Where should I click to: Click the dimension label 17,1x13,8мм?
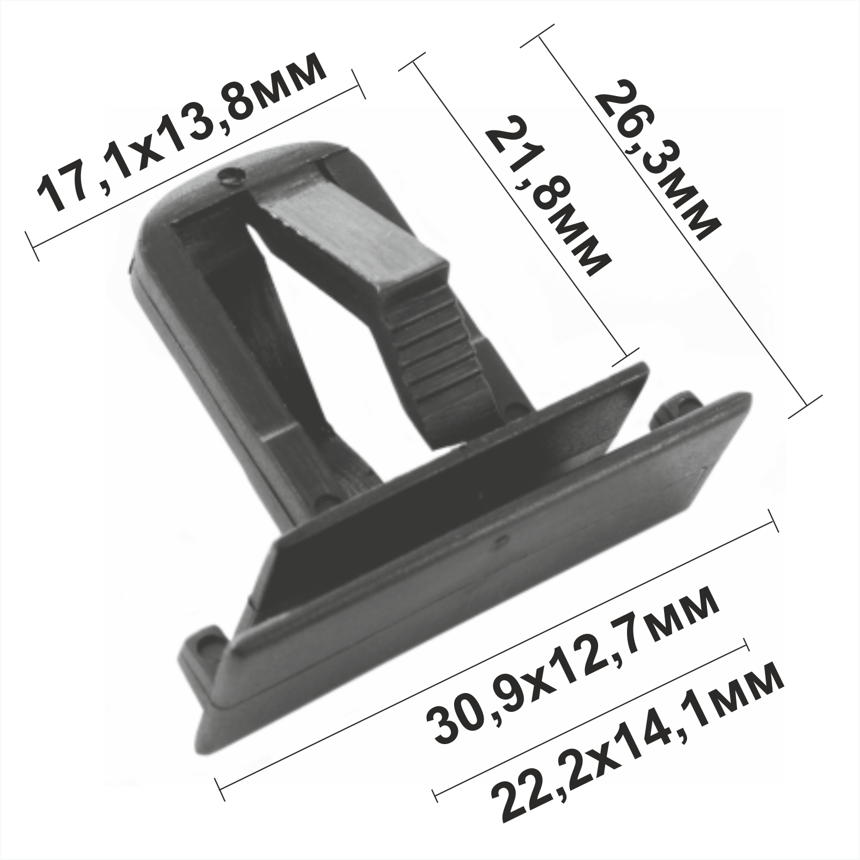click(181, 131)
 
